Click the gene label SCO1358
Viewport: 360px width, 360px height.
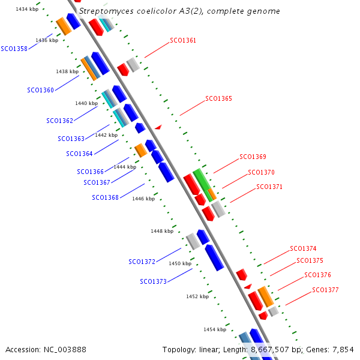[14, 49]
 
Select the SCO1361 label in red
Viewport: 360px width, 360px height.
[183, 41]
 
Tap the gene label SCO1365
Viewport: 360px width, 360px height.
[218, 98]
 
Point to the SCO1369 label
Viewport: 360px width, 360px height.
[253, 157]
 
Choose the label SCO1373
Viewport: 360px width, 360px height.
[153, 281]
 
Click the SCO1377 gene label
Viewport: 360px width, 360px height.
[325, 290]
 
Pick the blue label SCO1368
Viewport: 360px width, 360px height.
[105, 197]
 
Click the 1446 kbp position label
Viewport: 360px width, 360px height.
[143, 199]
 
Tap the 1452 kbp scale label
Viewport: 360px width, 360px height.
[197, 296]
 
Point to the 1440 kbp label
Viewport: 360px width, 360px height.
[86, 103]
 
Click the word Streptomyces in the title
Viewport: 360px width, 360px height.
[106, 11]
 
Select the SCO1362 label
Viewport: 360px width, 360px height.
[59, 121]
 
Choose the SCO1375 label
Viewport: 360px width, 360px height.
[310, 261]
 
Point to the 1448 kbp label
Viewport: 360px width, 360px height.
[162, 231]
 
